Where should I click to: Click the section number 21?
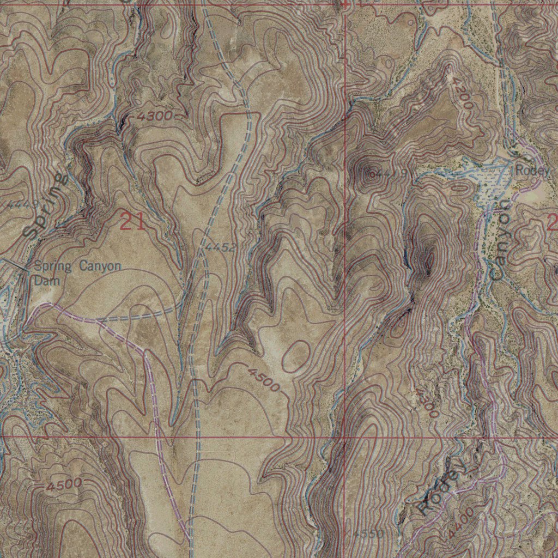pyautogui.click(x=132, y=222)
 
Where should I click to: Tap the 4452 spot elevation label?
pyautogui.click(x=221, y=248)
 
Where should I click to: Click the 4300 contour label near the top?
pyautogui.click(x=155, y=116)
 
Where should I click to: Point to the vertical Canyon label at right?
pyautogui.click(x=499, y=240)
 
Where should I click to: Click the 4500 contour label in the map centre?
pyautogui.click(x=264, y=380)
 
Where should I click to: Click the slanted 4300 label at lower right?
pyautogui.click(x=427, y=403)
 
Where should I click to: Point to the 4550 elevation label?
pyautogui.click(x=368, y=533)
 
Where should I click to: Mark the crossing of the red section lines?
pyautogui.click(x=344, y=436)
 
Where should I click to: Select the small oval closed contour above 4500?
pyautogui.click(x=295, y=356)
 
